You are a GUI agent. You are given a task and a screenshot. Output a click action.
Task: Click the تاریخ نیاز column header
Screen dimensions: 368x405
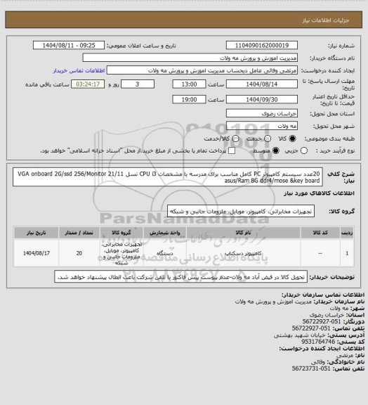[33, 230]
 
